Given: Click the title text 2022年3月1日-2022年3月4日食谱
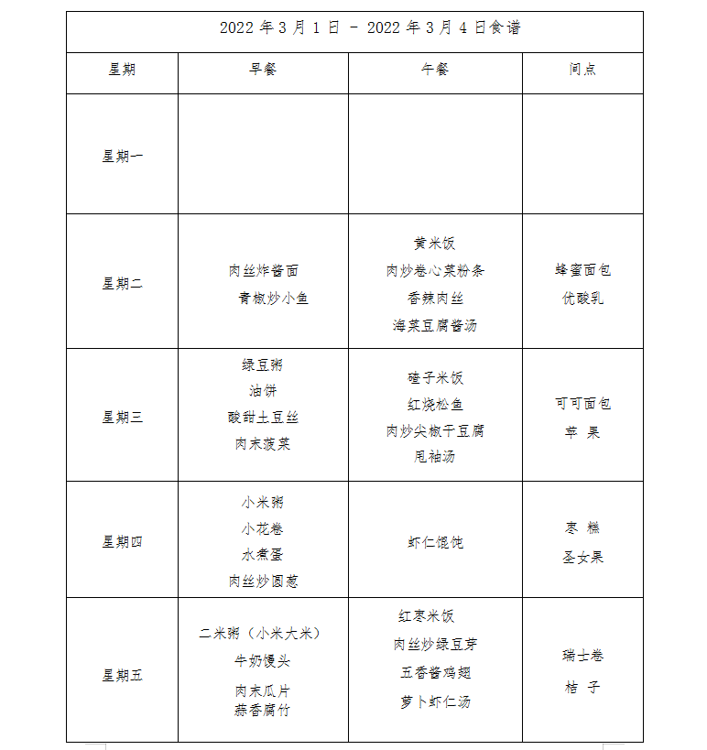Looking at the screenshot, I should click(370, 28).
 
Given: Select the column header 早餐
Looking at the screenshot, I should click(263, 70).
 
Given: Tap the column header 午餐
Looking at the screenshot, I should click(435, 70).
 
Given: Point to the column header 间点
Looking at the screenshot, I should click(582, 70).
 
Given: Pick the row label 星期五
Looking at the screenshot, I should click(122, 676).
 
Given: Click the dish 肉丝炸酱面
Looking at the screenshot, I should click(263, 271).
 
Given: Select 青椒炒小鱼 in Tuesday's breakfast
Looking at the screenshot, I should click(273, 298).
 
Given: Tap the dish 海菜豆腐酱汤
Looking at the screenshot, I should click(435, 325).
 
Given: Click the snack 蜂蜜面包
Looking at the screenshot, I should click(582, 270).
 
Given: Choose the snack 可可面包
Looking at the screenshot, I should click(582, 404).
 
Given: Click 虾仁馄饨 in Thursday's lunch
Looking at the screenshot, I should click(435, 542).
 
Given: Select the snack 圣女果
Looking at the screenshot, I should click(582, 557).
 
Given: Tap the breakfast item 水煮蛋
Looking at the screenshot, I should click(263, 555).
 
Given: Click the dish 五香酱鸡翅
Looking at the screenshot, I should click(435, 673).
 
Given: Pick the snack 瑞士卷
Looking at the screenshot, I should click(582, 656).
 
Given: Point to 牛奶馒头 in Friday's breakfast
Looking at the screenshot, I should click(263, 661).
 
